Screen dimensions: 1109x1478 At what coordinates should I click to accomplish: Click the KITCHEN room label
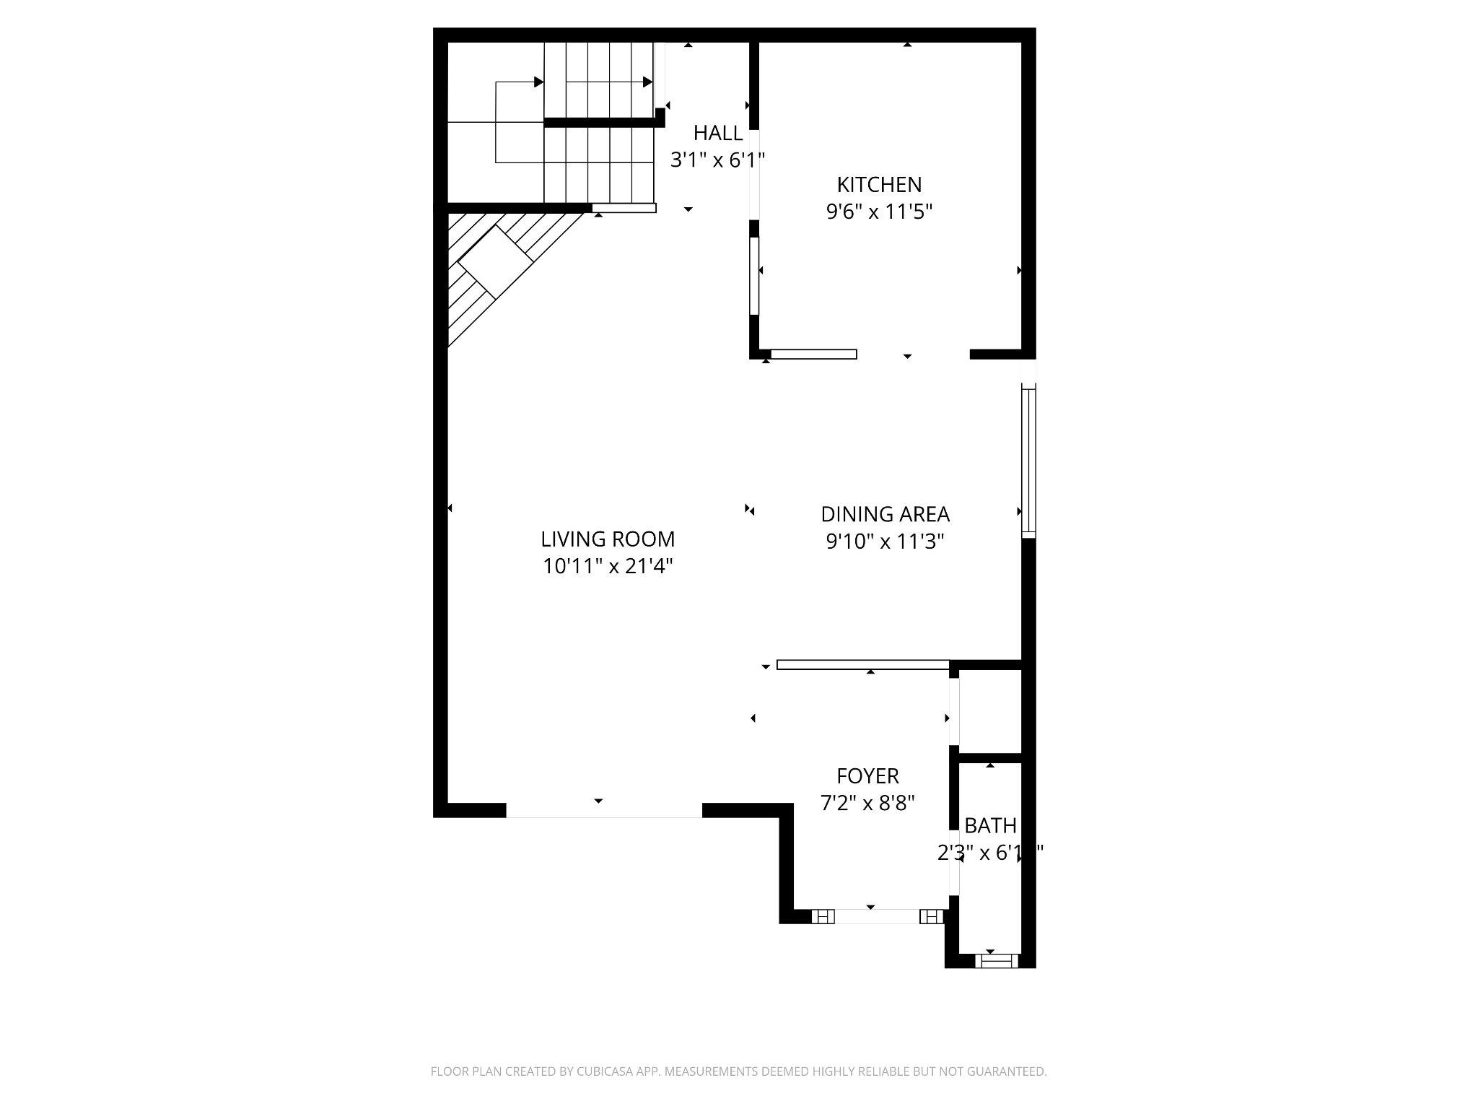tap(879, 185)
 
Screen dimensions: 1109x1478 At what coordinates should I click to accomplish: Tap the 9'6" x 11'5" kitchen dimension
tap(879, 212)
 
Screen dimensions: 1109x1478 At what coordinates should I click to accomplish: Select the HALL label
tap(717, 133)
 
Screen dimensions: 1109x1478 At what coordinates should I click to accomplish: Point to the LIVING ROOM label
tap(608, 539)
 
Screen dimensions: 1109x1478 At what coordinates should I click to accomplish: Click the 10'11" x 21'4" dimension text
tap(608, 567)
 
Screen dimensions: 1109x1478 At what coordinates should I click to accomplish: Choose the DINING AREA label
tap(885, 514)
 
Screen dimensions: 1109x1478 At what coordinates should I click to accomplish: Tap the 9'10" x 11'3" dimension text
tap(885, 542)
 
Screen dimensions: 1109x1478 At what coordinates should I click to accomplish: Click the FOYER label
tap(867, 776)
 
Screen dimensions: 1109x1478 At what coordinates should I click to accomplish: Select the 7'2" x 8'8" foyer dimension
tap(867, 803)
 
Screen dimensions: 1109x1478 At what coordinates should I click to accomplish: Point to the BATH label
tap(990, 825)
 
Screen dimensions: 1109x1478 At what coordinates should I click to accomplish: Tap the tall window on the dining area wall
tap(1028, 462)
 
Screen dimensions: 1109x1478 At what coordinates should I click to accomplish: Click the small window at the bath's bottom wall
tap(996, 961)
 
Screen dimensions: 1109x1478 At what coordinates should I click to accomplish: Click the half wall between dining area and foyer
tap(862, 665)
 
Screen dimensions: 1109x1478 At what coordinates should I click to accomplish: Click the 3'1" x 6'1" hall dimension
tap(717, 160)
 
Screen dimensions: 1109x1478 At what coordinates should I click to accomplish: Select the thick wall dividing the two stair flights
tap(603, 123)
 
